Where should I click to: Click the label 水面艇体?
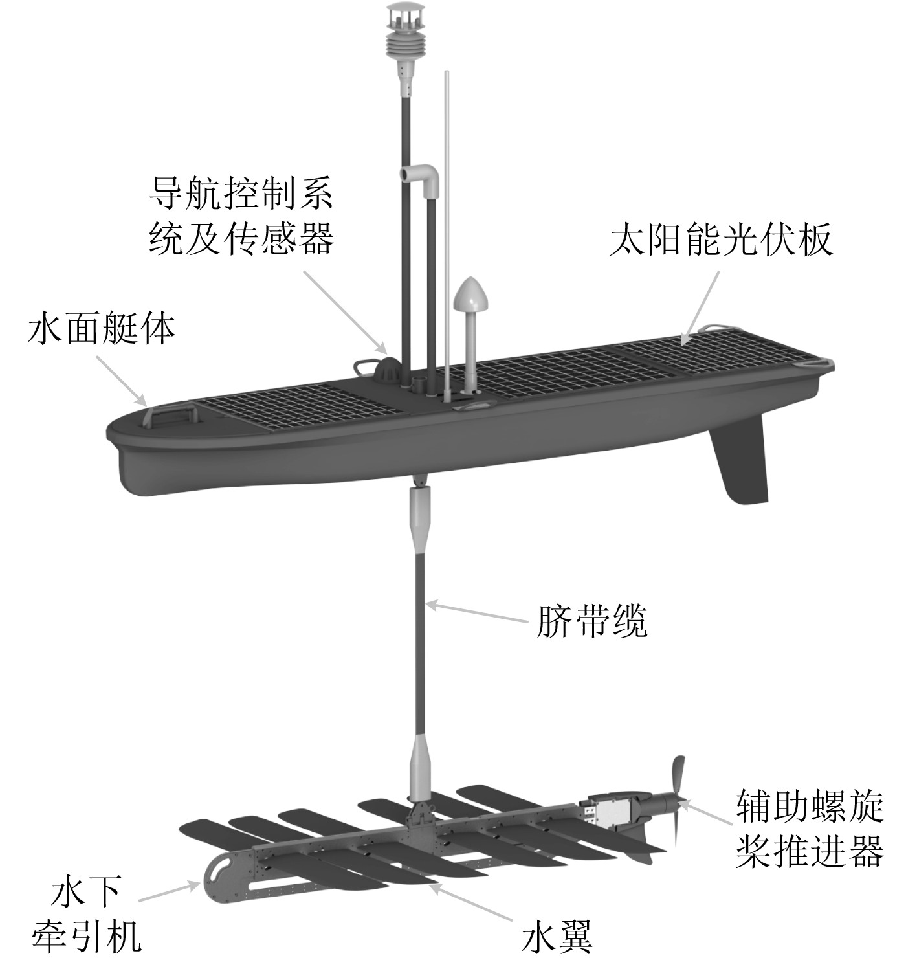tap(102, 329)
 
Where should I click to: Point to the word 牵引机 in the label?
tap(86, 934)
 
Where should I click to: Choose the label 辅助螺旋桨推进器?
tap(809, 830)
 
